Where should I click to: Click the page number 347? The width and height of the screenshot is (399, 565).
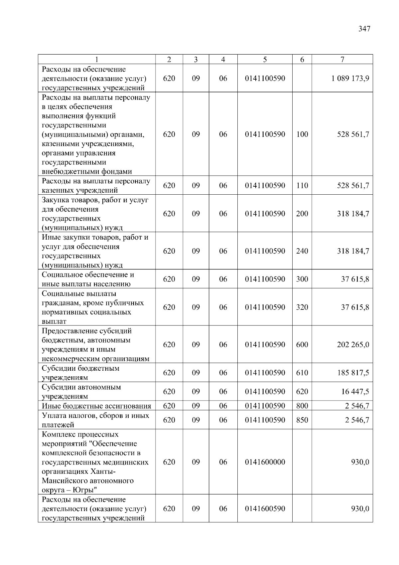[364, 29]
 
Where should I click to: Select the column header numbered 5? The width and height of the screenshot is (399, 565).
[265, 60]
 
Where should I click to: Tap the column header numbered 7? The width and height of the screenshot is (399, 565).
[342, 60]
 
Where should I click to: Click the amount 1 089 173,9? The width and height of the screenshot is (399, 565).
[350, 79]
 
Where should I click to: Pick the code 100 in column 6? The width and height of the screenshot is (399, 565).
[302, 134]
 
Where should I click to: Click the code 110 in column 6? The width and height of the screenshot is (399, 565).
[302, 186]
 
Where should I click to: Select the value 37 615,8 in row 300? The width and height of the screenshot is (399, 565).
[355, 279]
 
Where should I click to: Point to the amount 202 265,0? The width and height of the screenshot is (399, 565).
[353, 345]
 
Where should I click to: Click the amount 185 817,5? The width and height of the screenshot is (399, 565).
[353, 373]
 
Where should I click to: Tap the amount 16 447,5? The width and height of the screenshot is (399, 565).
[355, 392]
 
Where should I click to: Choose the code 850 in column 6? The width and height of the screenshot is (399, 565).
[302, 420]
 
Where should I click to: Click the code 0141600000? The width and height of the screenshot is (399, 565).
[265, 462]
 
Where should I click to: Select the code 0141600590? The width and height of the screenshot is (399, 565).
[265, 509]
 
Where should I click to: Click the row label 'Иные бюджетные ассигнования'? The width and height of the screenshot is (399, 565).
[96, 406]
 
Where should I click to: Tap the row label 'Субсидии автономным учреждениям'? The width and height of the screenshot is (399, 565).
[81, 392]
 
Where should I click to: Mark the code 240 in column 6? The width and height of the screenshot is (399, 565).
[302, 251]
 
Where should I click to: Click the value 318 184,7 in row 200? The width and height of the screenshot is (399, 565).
[353, 214]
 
